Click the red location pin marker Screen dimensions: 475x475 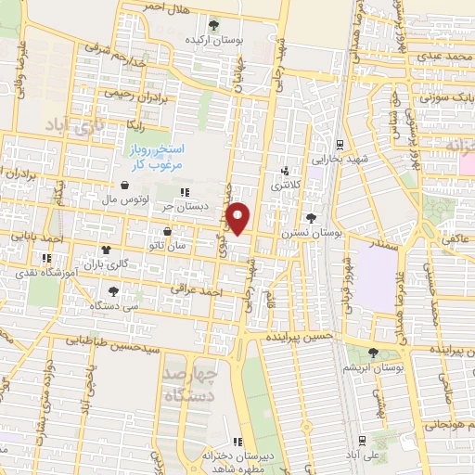[x=238, y=218]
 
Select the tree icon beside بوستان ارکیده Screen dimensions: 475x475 [x=215, y=25]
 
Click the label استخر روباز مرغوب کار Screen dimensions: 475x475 [x=157, y=154]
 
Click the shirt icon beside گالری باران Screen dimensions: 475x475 [x=105, y=250]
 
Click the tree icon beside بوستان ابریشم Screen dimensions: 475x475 [x=373, y=353]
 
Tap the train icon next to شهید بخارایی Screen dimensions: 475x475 [x=340, y=145]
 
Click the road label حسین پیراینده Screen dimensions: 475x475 [x=297, y=336]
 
